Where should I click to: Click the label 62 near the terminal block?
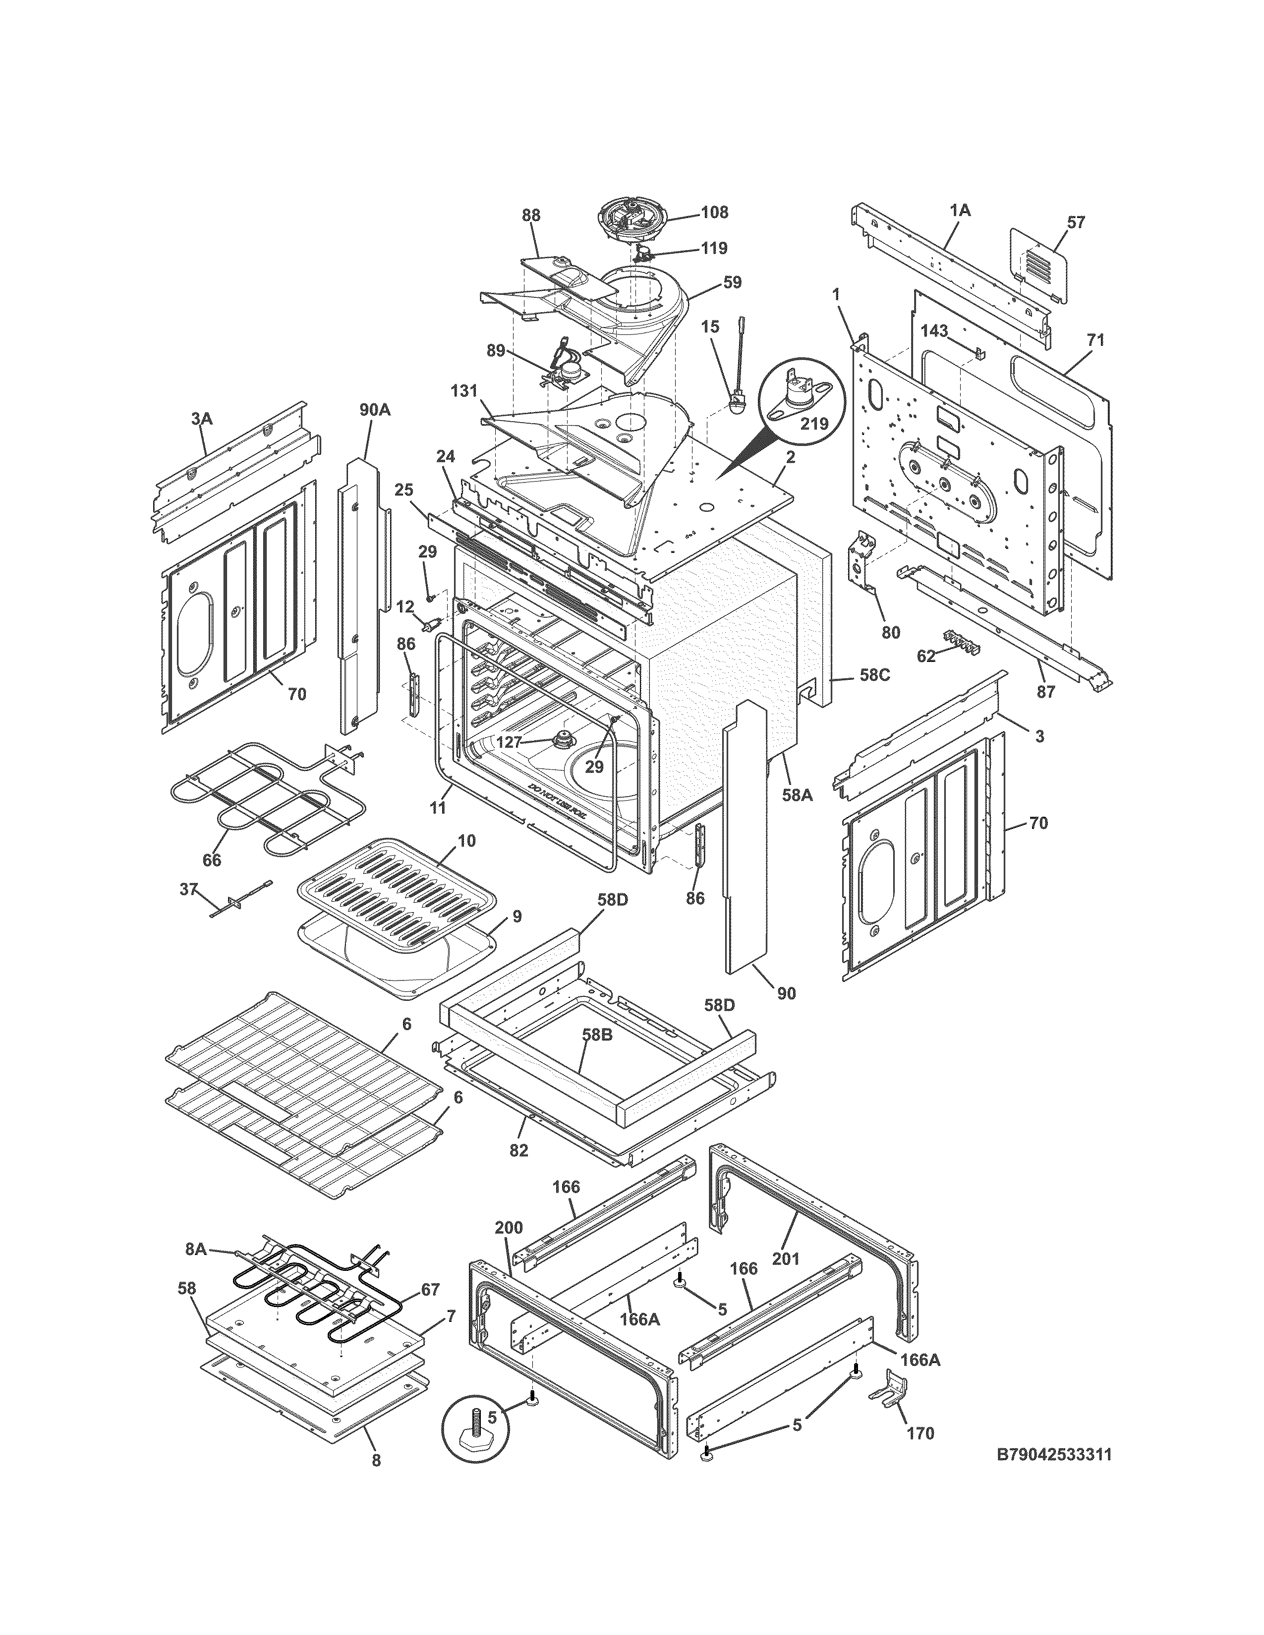(x=926, y=656)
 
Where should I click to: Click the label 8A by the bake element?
(x=195, y=1249)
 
